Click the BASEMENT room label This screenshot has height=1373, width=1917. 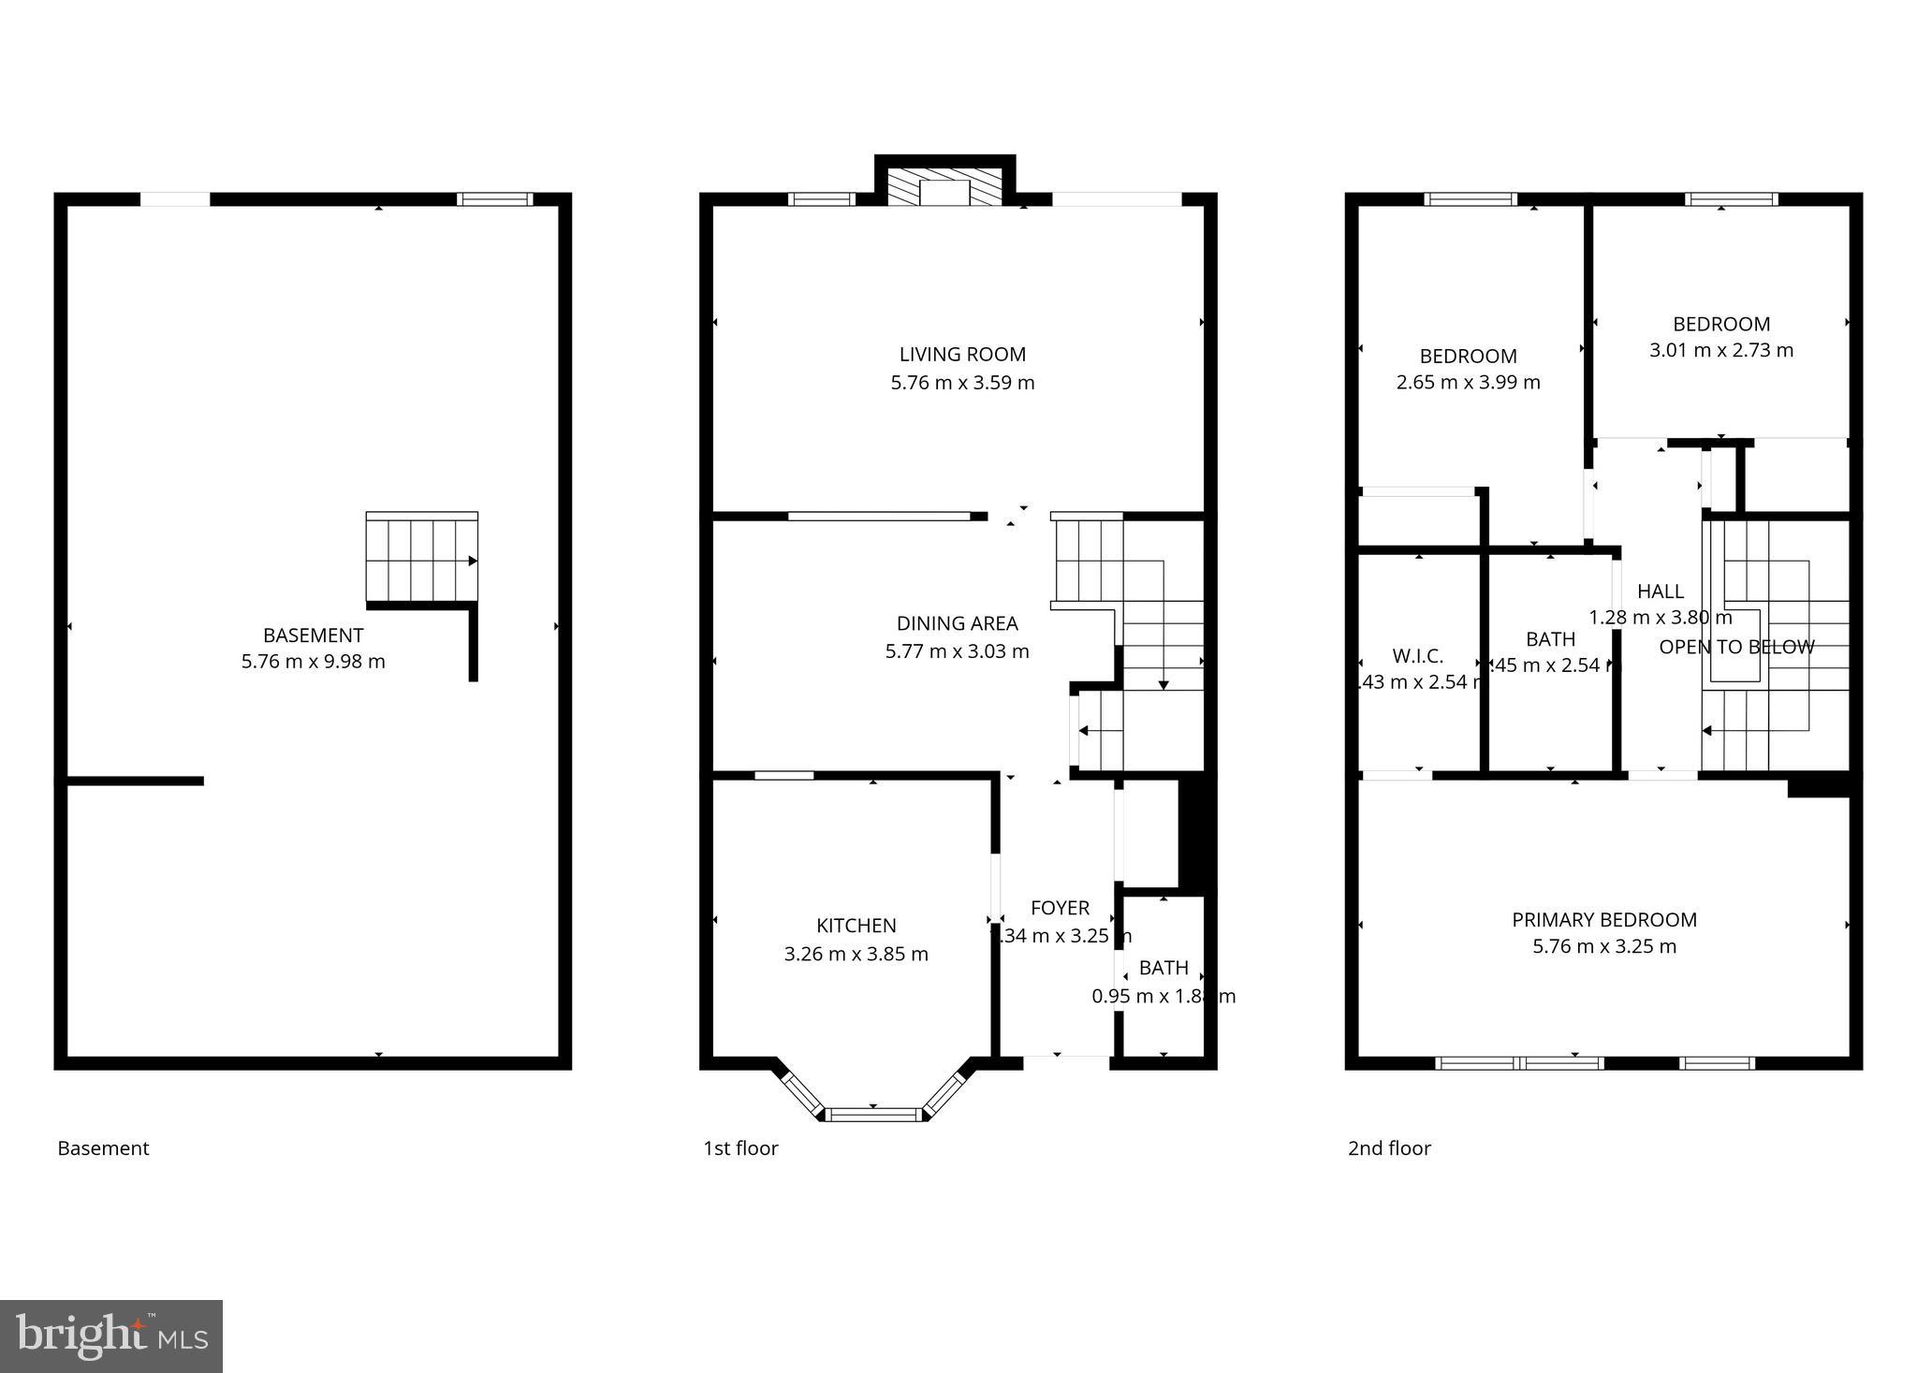tap(313, 635)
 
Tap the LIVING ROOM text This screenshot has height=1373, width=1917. tap(962, 355)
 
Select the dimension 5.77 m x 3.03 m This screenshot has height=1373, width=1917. tap(957, 651)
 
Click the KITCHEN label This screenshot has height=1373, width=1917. tap(856, 926)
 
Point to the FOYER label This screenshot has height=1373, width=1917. tap(1060, 908)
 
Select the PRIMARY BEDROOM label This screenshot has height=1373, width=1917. tap(1603, 920)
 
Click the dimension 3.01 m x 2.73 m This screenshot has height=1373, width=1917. tap(1720, 351)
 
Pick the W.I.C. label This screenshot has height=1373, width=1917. tap(1417, 656)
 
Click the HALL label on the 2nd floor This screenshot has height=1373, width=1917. tap(1660, 592)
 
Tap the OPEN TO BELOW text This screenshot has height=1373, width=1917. tap(1736, 647)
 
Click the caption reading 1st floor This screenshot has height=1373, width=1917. tap(740, 1148)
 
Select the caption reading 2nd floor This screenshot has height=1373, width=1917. tap(1389, 1148)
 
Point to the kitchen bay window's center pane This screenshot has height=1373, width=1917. tap(874, 1114)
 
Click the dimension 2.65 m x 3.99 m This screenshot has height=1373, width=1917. tap(1468, 383)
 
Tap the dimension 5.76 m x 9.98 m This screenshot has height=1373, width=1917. tap(313, 662)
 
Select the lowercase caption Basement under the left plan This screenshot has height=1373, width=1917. tap(103, 1148)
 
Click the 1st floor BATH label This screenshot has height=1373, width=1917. tap(1163, 968)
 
